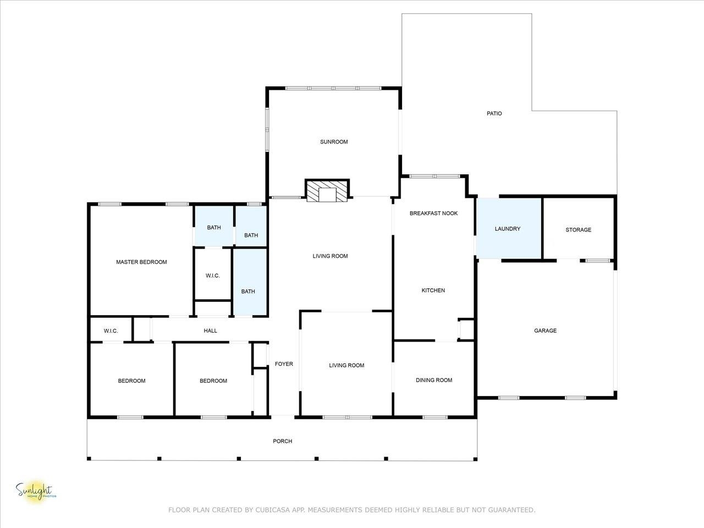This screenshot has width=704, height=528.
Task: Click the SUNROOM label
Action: (334, 142)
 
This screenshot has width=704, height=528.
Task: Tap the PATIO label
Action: (494, 113)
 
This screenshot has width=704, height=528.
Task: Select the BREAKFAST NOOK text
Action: (433, 213)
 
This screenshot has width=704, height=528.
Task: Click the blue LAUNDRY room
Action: (509, 228)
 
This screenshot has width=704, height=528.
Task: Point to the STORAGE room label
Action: (578, 230)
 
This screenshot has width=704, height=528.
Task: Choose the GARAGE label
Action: (545, 331)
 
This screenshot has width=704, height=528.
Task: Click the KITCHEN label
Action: (433, 290)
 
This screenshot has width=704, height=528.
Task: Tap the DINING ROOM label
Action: (434, 380)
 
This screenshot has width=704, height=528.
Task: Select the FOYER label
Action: (284, 364)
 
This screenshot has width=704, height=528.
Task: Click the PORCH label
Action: (282, 441)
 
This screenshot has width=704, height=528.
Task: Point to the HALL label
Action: (211, 331)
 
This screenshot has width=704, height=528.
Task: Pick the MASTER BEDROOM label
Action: (141, 262)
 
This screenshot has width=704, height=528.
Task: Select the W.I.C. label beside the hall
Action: (111, 331)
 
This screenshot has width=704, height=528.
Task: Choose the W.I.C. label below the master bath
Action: (213, 276)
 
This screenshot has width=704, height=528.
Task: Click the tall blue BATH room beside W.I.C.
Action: (250, 282)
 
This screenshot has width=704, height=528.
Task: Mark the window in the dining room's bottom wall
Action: (435, 417)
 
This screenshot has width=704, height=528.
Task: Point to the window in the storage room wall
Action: (598, 261)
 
